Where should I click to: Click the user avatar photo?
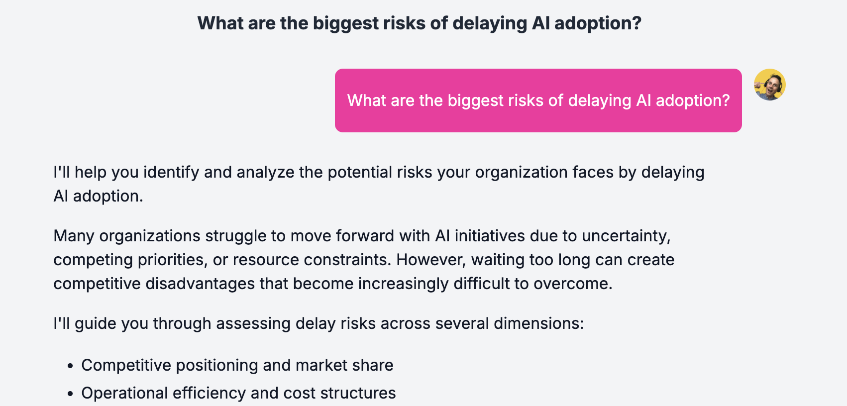pos(769,85)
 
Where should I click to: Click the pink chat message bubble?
pos(538,101)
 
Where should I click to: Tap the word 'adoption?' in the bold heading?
pos(598,23)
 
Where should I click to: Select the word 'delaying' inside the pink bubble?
pos(599,101)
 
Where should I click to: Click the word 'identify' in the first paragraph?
pos(171,172)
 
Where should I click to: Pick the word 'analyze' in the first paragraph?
pos(265,172)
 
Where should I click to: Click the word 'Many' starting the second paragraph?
pos(74,236)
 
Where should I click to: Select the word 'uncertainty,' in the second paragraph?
pos(626,236)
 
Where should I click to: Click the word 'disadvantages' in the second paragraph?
pos(200,284)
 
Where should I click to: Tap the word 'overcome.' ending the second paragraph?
pos(573,284)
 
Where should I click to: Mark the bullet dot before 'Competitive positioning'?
pos(70,366)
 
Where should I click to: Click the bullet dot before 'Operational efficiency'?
pos(70,394)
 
